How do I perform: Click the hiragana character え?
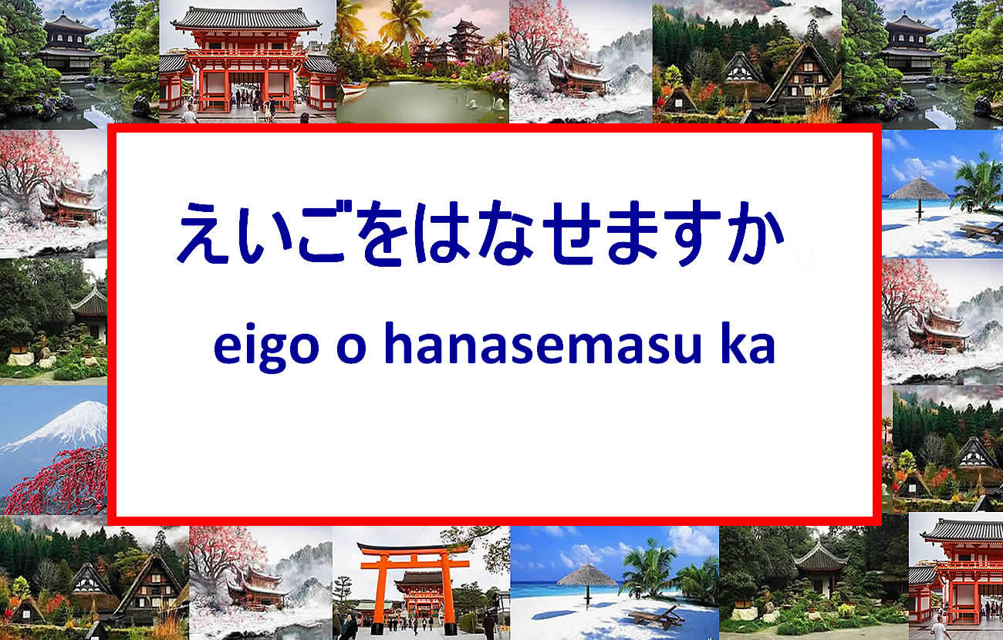point(202,233)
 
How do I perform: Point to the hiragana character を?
point(383,234)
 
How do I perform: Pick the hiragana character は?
point(441,233)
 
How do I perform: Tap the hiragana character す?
point(692,234)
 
